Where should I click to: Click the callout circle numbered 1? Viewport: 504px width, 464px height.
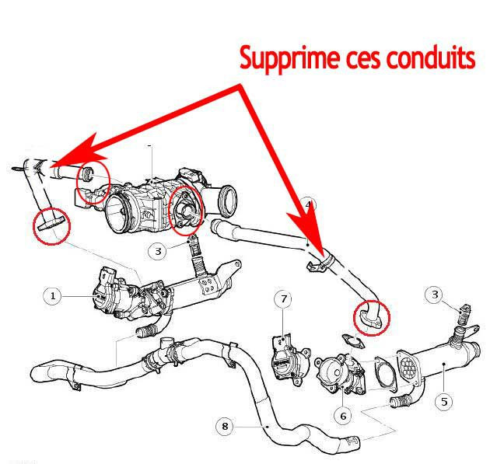53,295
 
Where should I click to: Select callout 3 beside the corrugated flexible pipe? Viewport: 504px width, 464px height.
158,251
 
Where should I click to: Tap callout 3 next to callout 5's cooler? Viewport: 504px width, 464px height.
436,295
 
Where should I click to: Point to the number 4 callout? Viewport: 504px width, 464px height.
307,205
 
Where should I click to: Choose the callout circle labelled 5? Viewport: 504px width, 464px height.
443,402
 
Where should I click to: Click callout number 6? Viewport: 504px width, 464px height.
343,416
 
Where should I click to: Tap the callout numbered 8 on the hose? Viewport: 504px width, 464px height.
225,426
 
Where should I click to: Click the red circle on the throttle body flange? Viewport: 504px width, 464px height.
187,210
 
